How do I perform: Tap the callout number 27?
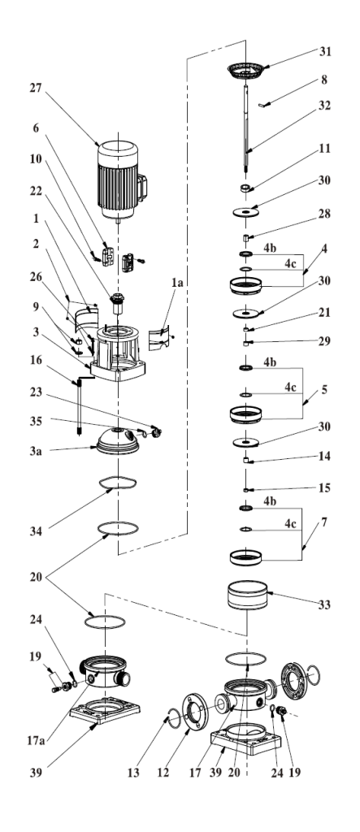(x=36, y=88)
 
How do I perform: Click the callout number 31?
(x=324, y=51)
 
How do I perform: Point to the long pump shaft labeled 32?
(x=247, y=128)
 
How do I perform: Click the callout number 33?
(x=324, y=604)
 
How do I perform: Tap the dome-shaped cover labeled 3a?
(x=118, y=441)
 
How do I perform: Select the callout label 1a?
(x=177, y=284)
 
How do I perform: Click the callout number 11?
(x=324, y=148)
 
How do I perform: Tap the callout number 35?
(x=36, y=422)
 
